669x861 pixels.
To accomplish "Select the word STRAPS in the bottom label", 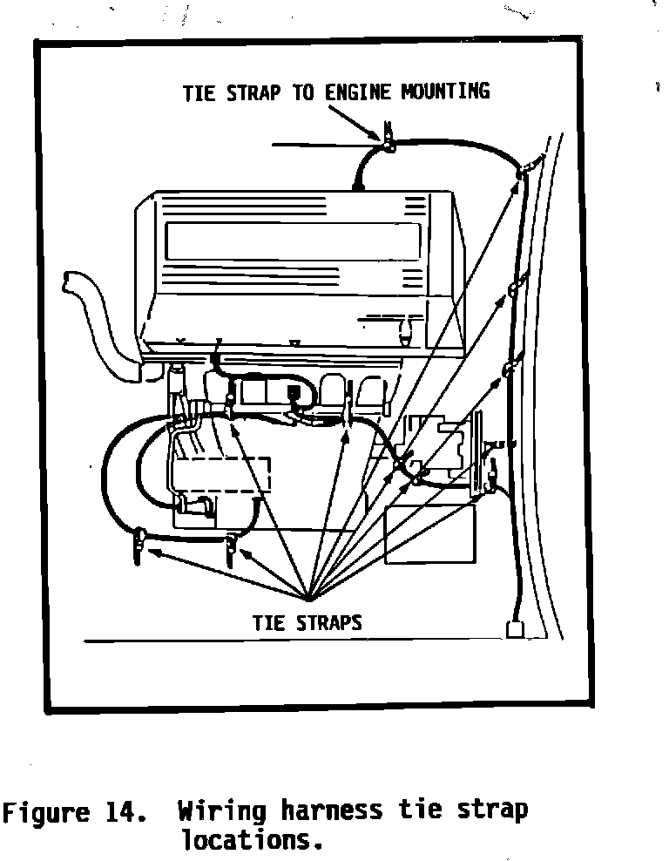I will [328, 624].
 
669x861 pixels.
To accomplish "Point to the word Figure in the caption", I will [49, 813].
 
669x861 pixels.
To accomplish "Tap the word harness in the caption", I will [331, 811].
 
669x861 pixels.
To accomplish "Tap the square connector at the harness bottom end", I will [514, 629].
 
